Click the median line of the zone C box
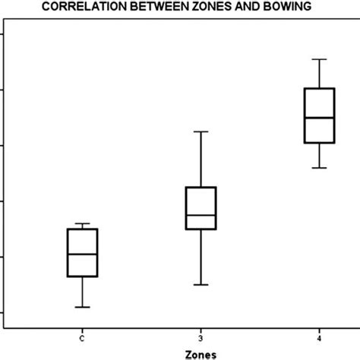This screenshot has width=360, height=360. click(82, 254)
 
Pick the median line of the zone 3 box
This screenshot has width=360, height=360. click(201, 215)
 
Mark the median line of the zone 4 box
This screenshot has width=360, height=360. click(319, 118)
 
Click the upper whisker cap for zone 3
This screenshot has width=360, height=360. click(201, 131)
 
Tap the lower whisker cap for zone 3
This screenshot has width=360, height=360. click(201, 285)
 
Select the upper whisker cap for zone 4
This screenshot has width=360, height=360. click(319, 59)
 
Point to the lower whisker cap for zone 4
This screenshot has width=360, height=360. click(319, 168)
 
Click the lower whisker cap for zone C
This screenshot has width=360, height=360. click(82, 307)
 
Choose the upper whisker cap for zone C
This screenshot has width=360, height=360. click(82, 224)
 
